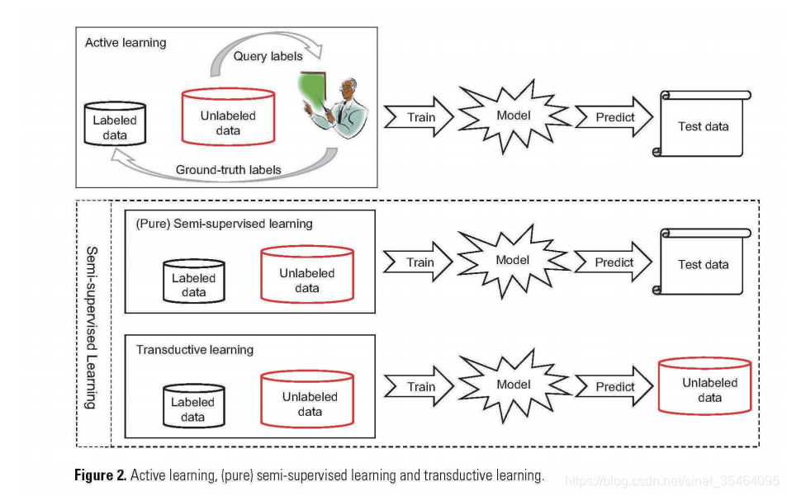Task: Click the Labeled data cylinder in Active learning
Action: tap(115, 126)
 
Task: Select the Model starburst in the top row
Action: tap(513, 116)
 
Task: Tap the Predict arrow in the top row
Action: tap(614, 117)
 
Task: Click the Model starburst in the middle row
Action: tap(513, 261)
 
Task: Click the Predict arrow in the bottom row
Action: tap(614, 386)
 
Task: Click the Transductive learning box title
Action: tap(194, 350)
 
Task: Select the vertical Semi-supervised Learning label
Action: tap(92, 327)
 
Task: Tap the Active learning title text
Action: tap(125, 42)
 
